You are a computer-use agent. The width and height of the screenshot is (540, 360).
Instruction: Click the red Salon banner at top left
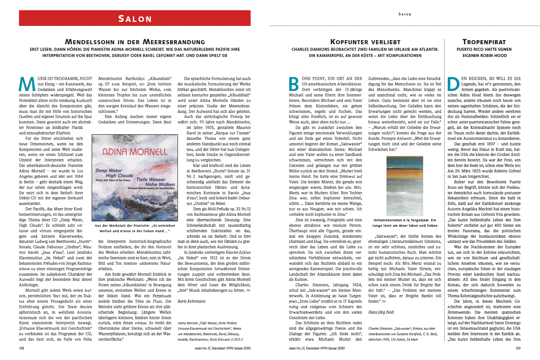[135, 18]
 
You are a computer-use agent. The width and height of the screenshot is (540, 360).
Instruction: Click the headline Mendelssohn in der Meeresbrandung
[134, 42]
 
